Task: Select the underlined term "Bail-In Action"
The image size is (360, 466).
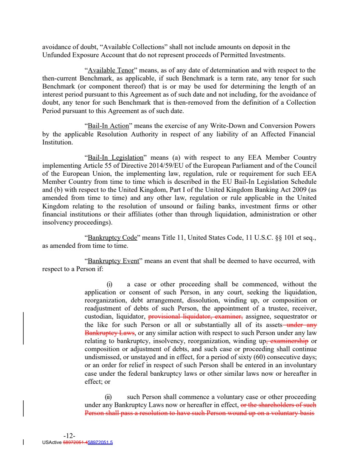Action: (x=108, y=126)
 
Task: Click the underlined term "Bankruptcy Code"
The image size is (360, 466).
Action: (x=112, y=237)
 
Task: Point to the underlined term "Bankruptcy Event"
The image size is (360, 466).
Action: (x=113, y=261)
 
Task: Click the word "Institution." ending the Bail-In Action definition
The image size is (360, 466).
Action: (x=57, y=142)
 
